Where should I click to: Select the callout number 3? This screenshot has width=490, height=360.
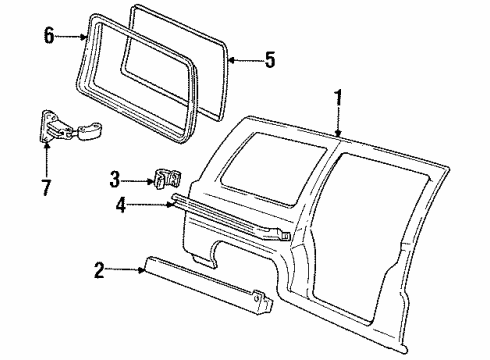pyautogui.click(x=116, y=180)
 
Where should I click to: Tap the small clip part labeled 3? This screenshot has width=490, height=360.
pyautogui.click(x=164, y=180)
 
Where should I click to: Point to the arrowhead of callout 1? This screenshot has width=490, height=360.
pyautogui.click(x=339, y=135)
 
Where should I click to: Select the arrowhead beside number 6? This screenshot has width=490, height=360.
pyautogui.click(x=85, y=37)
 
